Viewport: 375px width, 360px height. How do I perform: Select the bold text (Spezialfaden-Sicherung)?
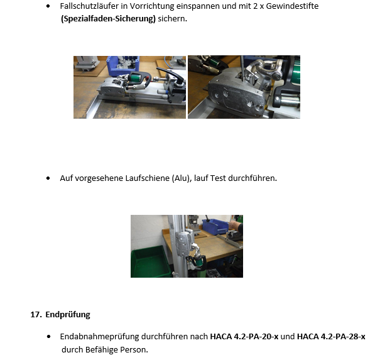108,18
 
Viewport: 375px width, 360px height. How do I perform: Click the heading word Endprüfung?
68,315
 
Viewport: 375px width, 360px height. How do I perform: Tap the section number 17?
36,315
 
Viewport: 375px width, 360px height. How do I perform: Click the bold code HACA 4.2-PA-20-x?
244,337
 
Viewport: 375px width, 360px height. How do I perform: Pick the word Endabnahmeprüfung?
98,337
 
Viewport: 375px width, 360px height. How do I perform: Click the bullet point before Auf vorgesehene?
49,178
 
